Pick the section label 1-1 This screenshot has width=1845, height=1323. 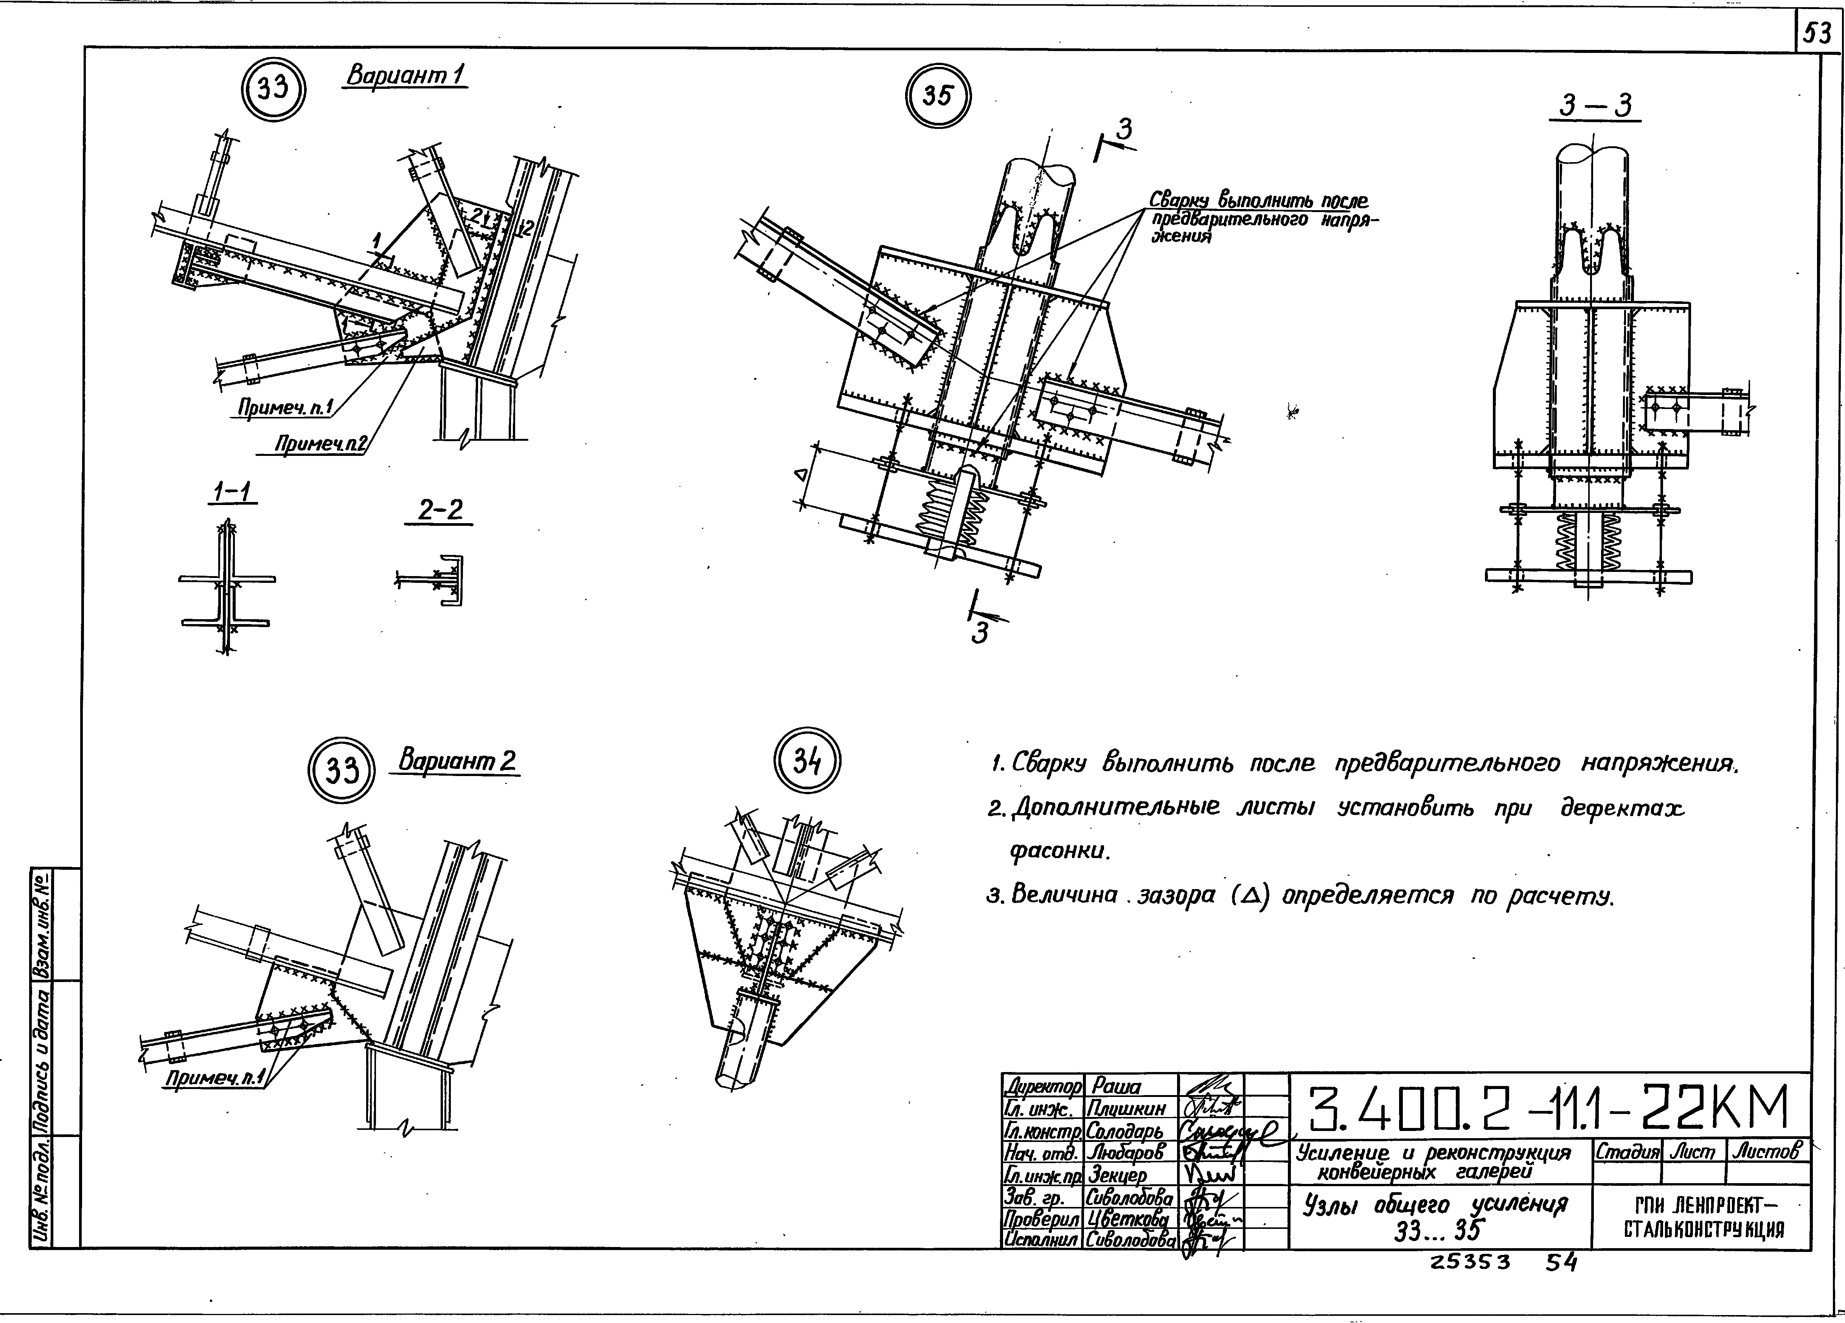point(232,492)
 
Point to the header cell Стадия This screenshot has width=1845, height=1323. point(1627,1151)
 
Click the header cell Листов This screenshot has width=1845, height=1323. point(1767,1151)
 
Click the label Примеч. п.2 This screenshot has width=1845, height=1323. point(320,443)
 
